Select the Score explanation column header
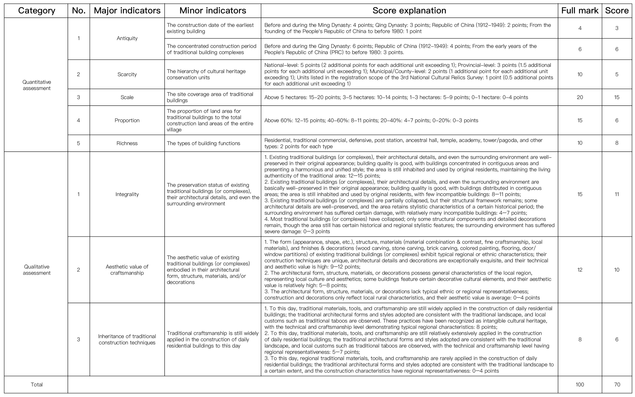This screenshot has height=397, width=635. click(409, 11)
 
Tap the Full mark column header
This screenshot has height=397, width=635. click(580, 11)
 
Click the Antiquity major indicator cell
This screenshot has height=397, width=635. click(127, 38)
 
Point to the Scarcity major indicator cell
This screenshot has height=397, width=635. click(127, 74)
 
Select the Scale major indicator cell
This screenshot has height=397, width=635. click(127, 97)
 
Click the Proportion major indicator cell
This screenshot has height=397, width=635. click(127, 120)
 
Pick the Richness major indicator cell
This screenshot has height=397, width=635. click(127, 143)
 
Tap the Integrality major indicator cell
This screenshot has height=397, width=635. click(127, 194)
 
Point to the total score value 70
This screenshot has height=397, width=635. click(617, 384)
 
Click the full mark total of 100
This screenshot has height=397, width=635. click(580, 384)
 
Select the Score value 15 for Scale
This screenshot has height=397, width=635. click(617, 97)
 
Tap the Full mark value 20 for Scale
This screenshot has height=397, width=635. click(580, 97)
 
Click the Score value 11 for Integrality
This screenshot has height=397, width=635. click(617, 194)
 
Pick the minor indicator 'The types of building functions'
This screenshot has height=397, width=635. click(203, 143)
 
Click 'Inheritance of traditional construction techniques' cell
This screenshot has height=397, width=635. click(127, 339)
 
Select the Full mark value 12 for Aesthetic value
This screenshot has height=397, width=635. click(580, 270)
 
